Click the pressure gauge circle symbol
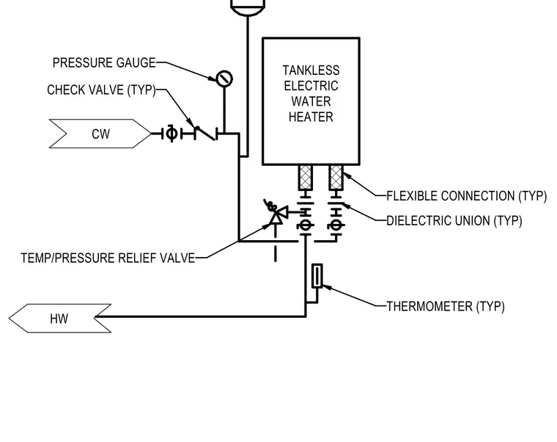(x=224, y=79)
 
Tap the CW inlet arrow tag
(x=100, y=134)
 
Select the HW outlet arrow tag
(x=59, y=319)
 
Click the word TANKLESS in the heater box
(x=311, y=70)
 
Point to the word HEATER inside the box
(x=311, y=117)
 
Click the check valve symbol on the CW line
(x=206, y=134)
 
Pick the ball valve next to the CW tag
(x=172, y=134)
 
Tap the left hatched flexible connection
(x=306, y=177)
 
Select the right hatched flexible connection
(x=336, y=177)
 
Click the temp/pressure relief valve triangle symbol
(x=276, y=214)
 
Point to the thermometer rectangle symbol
(x=317, y=276)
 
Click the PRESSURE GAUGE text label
(x=104, y=62)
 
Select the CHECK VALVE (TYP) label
(x=101, y=90)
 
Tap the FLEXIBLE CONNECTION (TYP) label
(x=466, y=196)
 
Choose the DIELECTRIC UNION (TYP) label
(x=454, y=221)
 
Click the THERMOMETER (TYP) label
(x=446, y=306)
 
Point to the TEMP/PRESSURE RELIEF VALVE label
(x=108, y=258)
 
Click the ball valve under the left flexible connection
(x=306, y=225)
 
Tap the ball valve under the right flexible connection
(x=336, y=225)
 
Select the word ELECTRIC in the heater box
(x=311, y=86)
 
